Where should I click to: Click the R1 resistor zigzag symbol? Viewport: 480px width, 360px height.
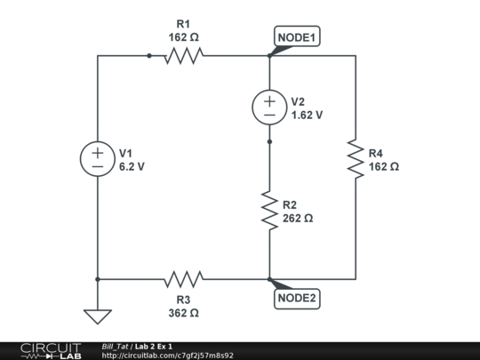pos(183,55)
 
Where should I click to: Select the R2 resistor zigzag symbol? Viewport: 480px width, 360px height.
pos(269,210)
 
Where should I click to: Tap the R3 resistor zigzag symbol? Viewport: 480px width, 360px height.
pos(183,279)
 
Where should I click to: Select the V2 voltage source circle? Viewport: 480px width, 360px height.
pos(269,108)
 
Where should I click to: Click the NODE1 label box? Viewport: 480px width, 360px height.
pos(298,36)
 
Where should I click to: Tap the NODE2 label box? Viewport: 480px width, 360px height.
pos(296,298)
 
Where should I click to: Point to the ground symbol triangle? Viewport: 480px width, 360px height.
pos(97,316)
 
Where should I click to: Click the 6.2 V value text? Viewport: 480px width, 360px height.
pos(132,166)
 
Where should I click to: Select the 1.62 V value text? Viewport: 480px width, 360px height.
pos(307,115)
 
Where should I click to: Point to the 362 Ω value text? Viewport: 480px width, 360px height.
pos(183,313)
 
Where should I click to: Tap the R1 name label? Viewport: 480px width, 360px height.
pos(183,24)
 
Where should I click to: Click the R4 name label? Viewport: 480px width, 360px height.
pos(376,153)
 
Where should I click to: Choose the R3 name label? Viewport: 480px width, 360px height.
pos(183,300)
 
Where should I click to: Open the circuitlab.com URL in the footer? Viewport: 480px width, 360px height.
pos(168,356)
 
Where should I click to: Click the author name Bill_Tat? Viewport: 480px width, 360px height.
pos(115,346)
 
